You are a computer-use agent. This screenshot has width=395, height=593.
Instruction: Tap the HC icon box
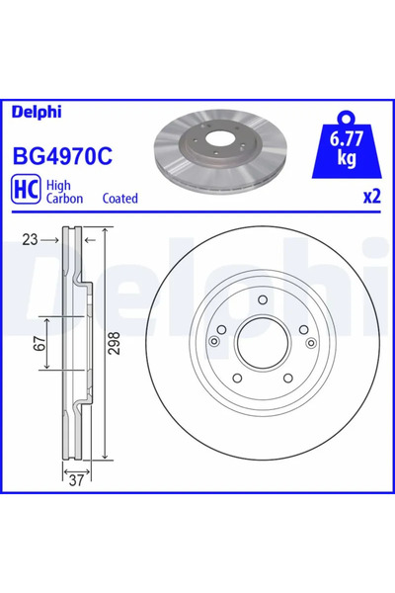point(26,190)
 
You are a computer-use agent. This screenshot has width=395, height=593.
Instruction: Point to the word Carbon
point(69,198)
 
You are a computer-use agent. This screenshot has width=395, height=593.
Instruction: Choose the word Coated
point(119,198)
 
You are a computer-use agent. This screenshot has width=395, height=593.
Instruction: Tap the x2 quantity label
point(370,197)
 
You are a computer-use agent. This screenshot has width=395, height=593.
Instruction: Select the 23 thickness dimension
point(30,238)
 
